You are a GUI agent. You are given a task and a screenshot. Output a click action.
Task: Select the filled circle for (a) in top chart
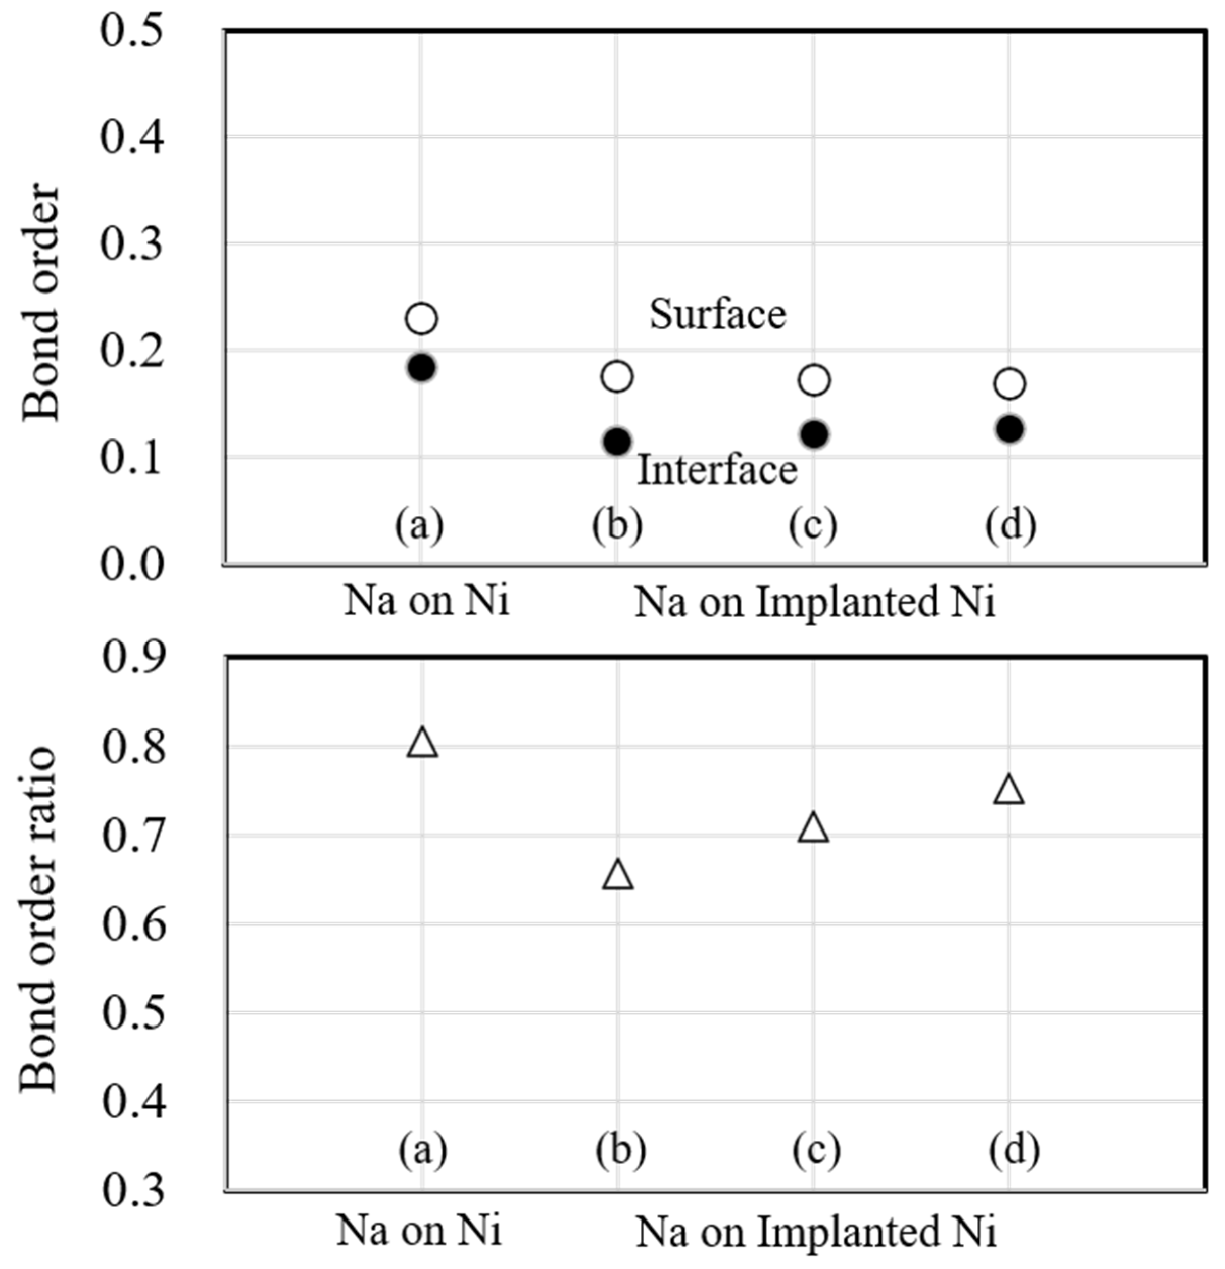coord(421,368)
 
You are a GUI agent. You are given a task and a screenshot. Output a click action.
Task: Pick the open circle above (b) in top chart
coord(617,376)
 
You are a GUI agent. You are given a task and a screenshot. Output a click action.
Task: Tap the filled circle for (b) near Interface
coord(617,442)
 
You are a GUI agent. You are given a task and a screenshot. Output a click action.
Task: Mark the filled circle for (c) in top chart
coord(814,434)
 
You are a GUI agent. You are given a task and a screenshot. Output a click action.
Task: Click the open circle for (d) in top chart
coord(1009,384)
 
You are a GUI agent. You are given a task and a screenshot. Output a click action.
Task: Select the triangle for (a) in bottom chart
coord(422,743)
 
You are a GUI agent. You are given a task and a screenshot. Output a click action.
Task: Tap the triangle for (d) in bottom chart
coord(1009,791)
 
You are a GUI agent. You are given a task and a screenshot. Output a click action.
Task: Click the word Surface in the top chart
coord(717,315)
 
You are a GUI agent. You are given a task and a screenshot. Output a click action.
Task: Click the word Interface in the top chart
coord(717,470)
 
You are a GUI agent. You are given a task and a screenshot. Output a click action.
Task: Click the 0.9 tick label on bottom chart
coord(133,658)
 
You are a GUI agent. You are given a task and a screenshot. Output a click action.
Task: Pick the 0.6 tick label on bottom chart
coord(133,926)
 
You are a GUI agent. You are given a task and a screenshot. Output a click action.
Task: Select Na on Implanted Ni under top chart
coord(814,602)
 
